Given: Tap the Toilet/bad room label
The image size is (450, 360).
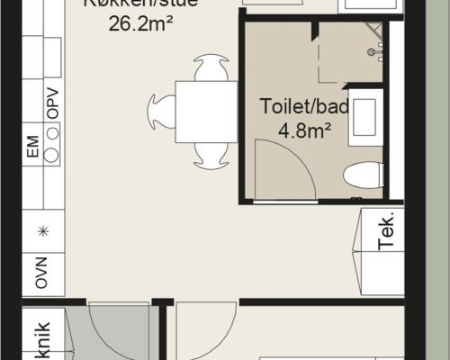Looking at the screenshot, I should [304, 106].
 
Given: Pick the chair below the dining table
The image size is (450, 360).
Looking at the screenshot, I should [208, 156].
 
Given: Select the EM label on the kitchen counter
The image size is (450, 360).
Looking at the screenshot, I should [33, 148].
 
